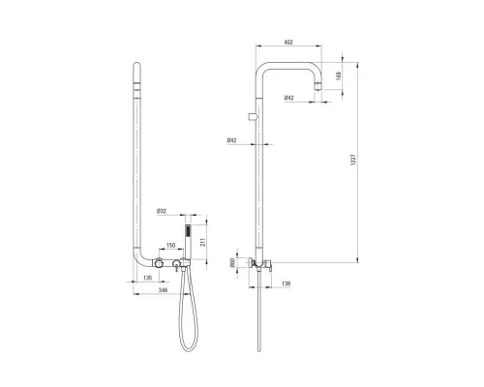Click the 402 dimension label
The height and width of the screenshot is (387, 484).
(x=288, y=43)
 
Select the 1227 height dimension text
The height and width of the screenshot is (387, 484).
(x=352, y=160)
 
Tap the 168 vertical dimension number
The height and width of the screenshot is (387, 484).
(x=339, y=76)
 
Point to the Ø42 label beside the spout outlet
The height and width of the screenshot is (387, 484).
(x=289, y=98)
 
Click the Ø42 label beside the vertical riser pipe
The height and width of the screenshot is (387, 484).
(x=231, y=140)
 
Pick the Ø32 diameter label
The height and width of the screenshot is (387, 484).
(x=162, y=212)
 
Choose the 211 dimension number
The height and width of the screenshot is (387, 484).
(x=203, y=242)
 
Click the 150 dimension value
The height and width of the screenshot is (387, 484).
(x=170, y=246)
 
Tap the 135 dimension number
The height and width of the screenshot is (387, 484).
(x=147, y=278)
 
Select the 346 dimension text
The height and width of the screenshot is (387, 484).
(x=163, y=290)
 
